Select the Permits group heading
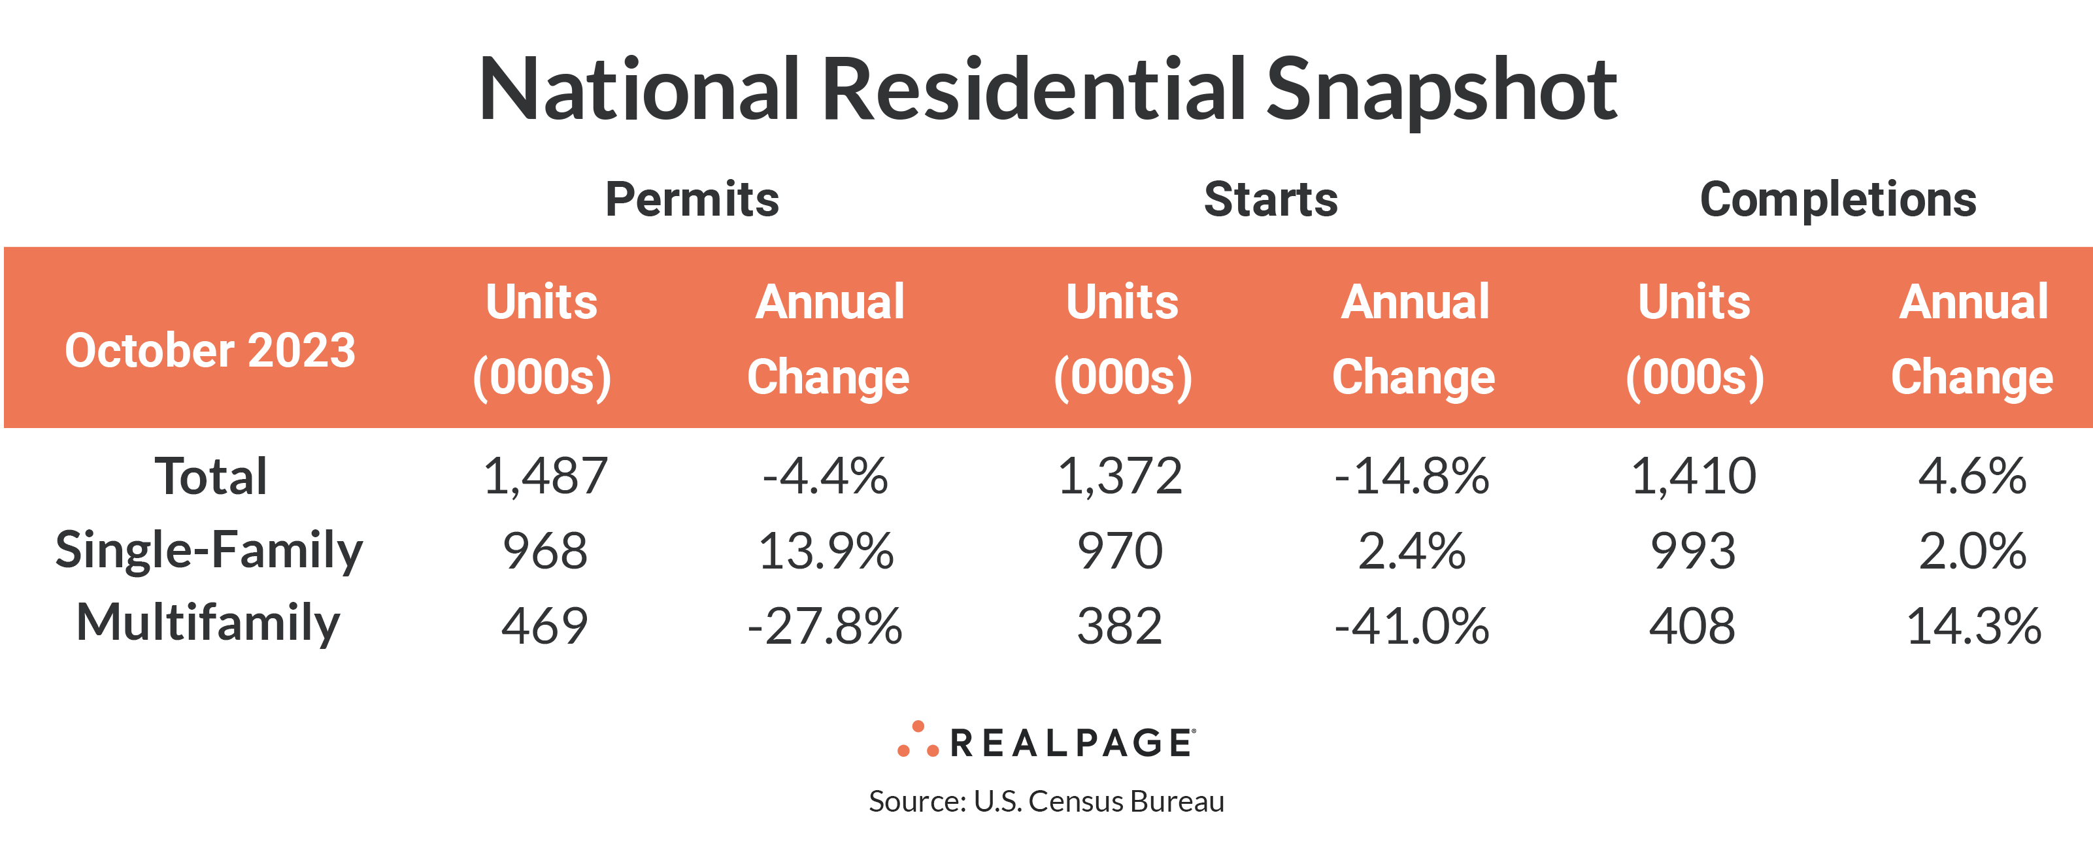(692, 199)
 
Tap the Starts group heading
(1271, 199)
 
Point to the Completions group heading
(1838, 199)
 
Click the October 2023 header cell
(210, 350)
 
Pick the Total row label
(210, 476)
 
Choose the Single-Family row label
(209, 551)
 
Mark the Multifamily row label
(208, 624)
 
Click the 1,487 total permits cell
(544, 476)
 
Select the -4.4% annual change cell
(826, 476)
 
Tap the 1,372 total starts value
(1120, 476)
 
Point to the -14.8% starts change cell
(1411, 476)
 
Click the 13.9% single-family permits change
(826, 551)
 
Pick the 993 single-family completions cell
(1693, 551)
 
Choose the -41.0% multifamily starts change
(1411, 625)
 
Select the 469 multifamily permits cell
(544, 625)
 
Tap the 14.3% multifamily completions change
(1973, 625)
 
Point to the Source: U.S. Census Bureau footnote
(1046, 801)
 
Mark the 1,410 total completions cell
(1693, 476)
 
